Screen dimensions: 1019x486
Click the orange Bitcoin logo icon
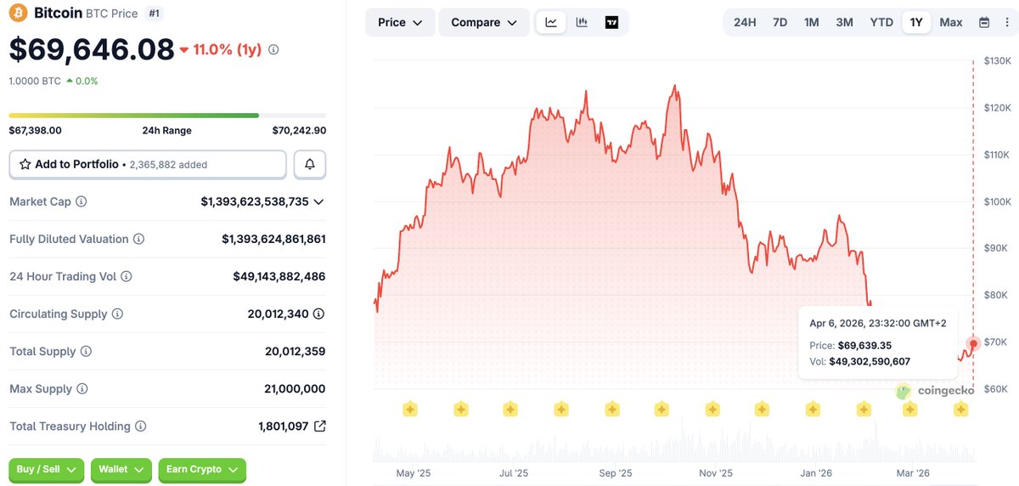pyautogui.click(x=18, y=13)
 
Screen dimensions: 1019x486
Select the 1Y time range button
pyautogui.click(x=915, y=22)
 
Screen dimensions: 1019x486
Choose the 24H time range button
pyautogui.click(x=745, y=22)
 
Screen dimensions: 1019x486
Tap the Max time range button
pyautogui.click(x=951, y=22)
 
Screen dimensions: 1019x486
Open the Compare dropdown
pyautogui.click(x=483, y=22)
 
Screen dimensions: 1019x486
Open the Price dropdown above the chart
pyautogui.click(x=400, y=22)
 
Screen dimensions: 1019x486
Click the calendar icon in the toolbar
pyautogui.click(x=984, y=22)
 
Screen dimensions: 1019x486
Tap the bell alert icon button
pyautogui.click(x=310, y=164)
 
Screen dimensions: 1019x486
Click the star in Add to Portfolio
pyautogui.click(x=25, y=164)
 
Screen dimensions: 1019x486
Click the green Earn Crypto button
pyautogui.click(x=202, y=470)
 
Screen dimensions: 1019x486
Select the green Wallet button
pyautogui.click(x=121, y=470)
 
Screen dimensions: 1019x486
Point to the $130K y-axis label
pyautogui.click(x=997, y=60)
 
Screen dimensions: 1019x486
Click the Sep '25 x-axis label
pyautogui.click(x=615, y=473)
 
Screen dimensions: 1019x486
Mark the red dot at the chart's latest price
pyautogui.click(x=973, y=343)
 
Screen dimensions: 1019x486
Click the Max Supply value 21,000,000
pyautogui.click(x=295, y=388)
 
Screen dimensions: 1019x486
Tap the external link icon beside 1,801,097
pyautogui.click(x=320, y=426)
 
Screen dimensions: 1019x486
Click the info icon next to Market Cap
pyautogui.click(x=81, y=201)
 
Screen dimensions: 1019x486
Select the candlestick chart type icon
pyautogui.click(x=582, y=22)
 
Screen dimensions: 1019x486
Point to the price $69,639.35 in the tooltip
pyautogui.click(x=864, y=346)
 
